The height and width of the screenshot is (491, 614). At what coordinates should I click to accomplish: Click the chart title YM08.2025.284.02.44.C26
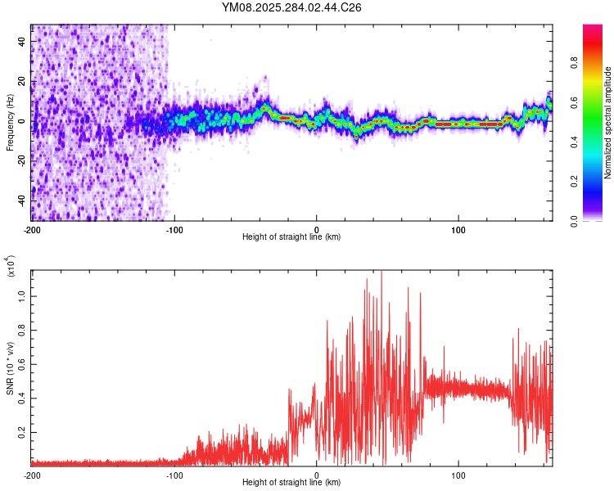point(292,7)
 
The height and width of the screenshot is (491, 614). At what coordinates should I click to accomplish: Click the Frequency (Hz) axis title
point(10,123)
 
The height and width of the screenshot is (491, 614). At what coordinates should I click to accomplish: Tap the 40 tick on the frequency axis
point(21,41)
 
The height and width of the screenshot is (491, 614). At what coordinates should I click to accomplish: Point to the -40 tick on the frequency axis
point(21,200)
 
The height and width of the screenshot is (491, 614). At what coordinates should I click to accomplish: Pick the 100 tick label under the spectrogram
point(458,228)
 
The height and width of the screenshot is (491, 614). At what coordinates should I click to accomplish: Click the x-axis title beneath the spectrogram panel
point(292,237)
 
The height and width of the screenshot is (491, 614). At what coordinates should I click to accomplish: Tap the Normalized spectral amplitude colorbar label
point(608,123)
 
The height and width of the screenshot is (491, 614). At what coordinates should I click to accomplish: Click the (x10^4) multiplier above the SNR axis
point(11,266)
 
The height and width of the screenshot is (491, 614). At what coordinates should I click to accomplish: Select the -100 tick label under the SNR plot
point(174,475)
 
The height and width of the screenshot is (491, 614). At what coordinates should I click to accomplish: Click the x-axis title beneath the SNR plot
point(292,483)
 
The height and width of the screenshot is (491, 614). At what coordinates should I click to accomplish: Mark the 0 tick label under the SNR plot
point(317,475)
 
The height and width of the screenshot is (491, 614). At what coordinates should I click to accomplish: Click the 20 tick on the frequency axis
point(21,81)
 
